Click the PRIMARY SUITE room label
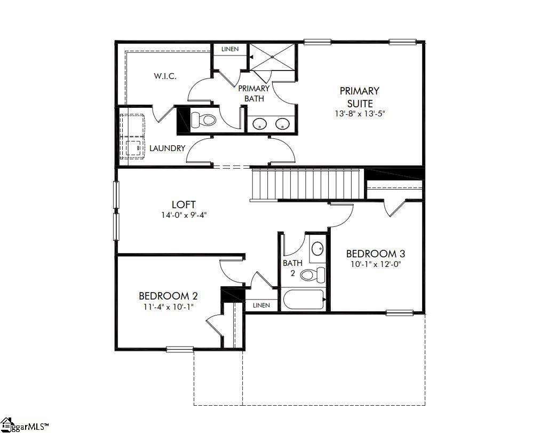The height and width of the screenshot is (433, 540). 359,97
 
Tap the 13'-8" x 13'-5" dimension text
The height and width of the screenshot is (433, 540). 359,113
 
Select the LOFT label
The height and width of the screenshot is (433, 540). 184,204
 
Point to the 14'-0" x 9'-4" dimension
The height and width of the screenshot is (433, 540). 184,215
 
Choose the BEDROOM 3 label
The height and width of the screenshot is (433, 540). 379,254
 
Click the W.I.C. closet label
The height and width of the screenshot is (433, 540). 165,76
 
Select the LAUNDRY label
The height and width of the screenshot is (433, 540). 167,148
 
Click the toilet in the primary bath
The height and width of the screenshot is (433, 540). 203,120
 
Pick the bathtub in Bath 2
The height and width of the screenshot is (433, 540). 304,300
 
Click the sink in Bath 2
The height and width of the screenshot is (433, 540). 317,249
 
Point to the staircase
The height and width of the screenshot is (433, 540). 306,184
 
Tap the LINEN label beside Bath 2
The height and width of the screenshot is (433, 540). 261,305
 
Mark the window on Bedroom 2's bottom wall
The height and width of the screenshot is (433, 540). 179,349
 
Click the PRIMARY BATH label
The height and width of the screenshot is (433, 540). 254,93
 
